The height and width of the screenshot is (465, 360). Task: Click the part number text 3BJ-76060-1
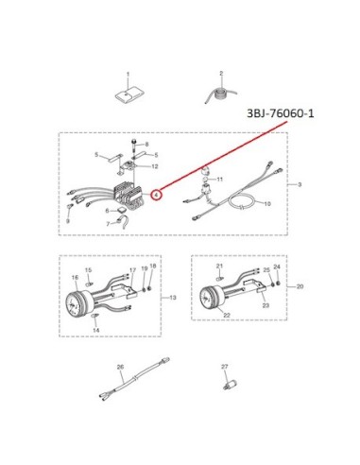coord(281,113)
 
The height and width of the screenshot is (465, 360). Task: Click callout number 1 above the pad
coord(128,75)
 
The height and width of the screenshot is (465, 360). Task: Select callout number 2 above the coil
coord(221,73)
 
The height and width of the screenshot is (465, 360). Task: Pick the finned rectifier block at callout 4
coord(129,196)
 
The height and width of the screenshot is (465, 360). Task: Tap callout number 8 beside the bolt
coord(146,145)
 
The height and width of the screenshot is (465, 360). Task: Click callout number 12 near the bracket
coord(155,166)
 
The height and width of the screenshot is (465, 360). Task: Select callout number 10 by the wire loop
coord(267,204)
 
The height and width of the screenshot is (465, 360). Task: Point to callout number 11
coord(220,180)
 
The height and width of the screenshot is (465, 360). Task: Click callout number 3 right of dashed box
coord(300,184)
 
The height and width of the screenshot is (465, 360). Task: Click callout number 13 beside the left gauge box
coord(173,298)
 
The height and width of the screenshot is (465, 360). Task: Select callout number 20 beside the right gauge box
coord(300,286)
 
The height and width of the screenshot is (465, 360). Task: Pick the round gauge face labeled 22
coord(208,298)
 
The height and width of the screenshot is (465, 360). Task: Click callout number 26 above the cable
coord(120,367)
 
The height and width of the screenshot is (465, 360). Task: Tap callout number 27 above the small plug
coord(224,367)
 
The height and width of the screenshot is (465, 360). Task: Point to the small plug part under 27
coord(231,386)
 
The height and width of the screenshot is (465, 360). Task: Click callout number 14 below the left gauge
coord(96,330)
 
